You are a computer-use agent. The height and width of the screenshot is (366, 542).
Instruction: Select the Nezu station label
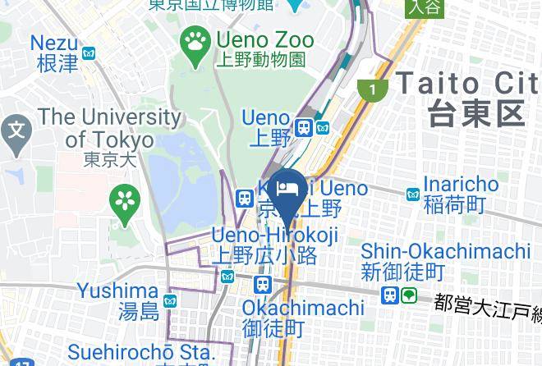tap(54, 53)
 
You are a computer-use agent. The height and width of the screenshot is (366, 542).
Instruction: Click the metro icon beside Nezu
tap(90, 53)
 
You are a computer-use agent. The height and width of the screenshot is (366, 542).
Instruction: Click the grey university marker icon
tap(16, 129)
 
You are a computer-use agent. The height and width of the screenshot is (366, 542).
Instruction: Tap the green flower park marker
tap(126, 199)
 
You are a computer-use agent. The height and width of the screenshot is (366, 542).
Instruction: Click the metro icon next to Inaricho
tap(413, 194)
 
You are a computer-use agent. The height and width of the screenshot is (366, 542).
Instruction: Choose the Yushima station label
tap(118, 300)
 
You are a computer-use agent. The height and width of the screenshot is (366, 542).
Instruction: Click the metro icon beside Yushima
tap(170, 302)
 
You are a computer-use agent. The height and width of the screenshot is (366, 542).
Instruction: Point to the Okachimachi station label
tap(303, 318)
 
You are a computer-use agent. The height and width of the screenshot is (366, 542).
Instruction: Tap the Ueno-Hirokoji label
tap(274, 245)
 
